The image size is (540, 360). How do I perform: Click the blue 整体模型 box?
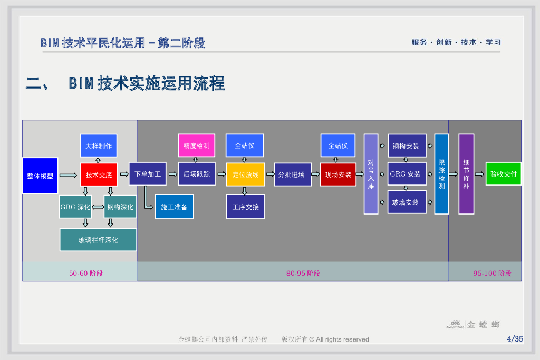(40, 175)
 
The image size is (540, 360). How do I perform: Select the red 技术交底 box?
(99, 174)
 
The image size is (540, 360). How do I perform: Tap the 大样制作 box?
(99, 145)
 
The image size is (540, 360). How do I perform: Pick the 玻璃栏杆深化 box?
(98, 240)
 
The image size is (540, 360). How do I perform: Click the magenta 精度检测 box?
(196, 145)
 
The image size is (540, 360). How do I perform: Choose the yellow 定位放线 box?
(245, 174)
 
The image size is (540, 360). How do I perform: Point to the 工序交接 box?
(245, 207)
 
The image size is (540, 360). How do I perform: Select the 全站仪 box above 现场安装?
(337, 145)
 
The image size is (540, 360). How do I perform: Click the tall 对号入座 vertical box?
(371, 174)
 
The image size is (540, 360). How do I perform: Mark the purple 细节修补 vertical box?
(466, 174)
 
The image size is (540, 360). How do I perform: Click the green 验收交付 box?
(503, 174)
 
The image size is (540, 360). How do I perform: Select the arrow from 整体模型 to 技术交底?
(68, 175)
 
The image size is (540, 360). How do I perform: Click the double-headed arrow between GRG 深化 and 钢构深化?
(98, 207)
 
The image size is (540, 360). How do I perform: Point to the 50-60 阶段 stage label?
(86, 273)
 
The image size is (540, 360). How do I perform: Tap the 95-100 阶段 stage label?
(492, 273)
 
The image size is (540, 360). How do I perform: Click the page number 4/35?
(514, 339)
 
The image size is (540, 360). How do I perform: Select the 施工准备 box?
(174, 207)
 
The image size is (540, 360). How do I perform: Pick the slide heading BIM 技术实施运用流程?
(147, 83)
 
